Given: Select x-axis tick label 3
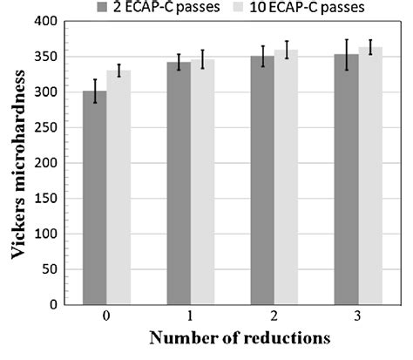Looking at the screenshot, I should [359, 317].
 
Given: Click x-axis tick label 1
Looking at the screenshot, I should [192, 317].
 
